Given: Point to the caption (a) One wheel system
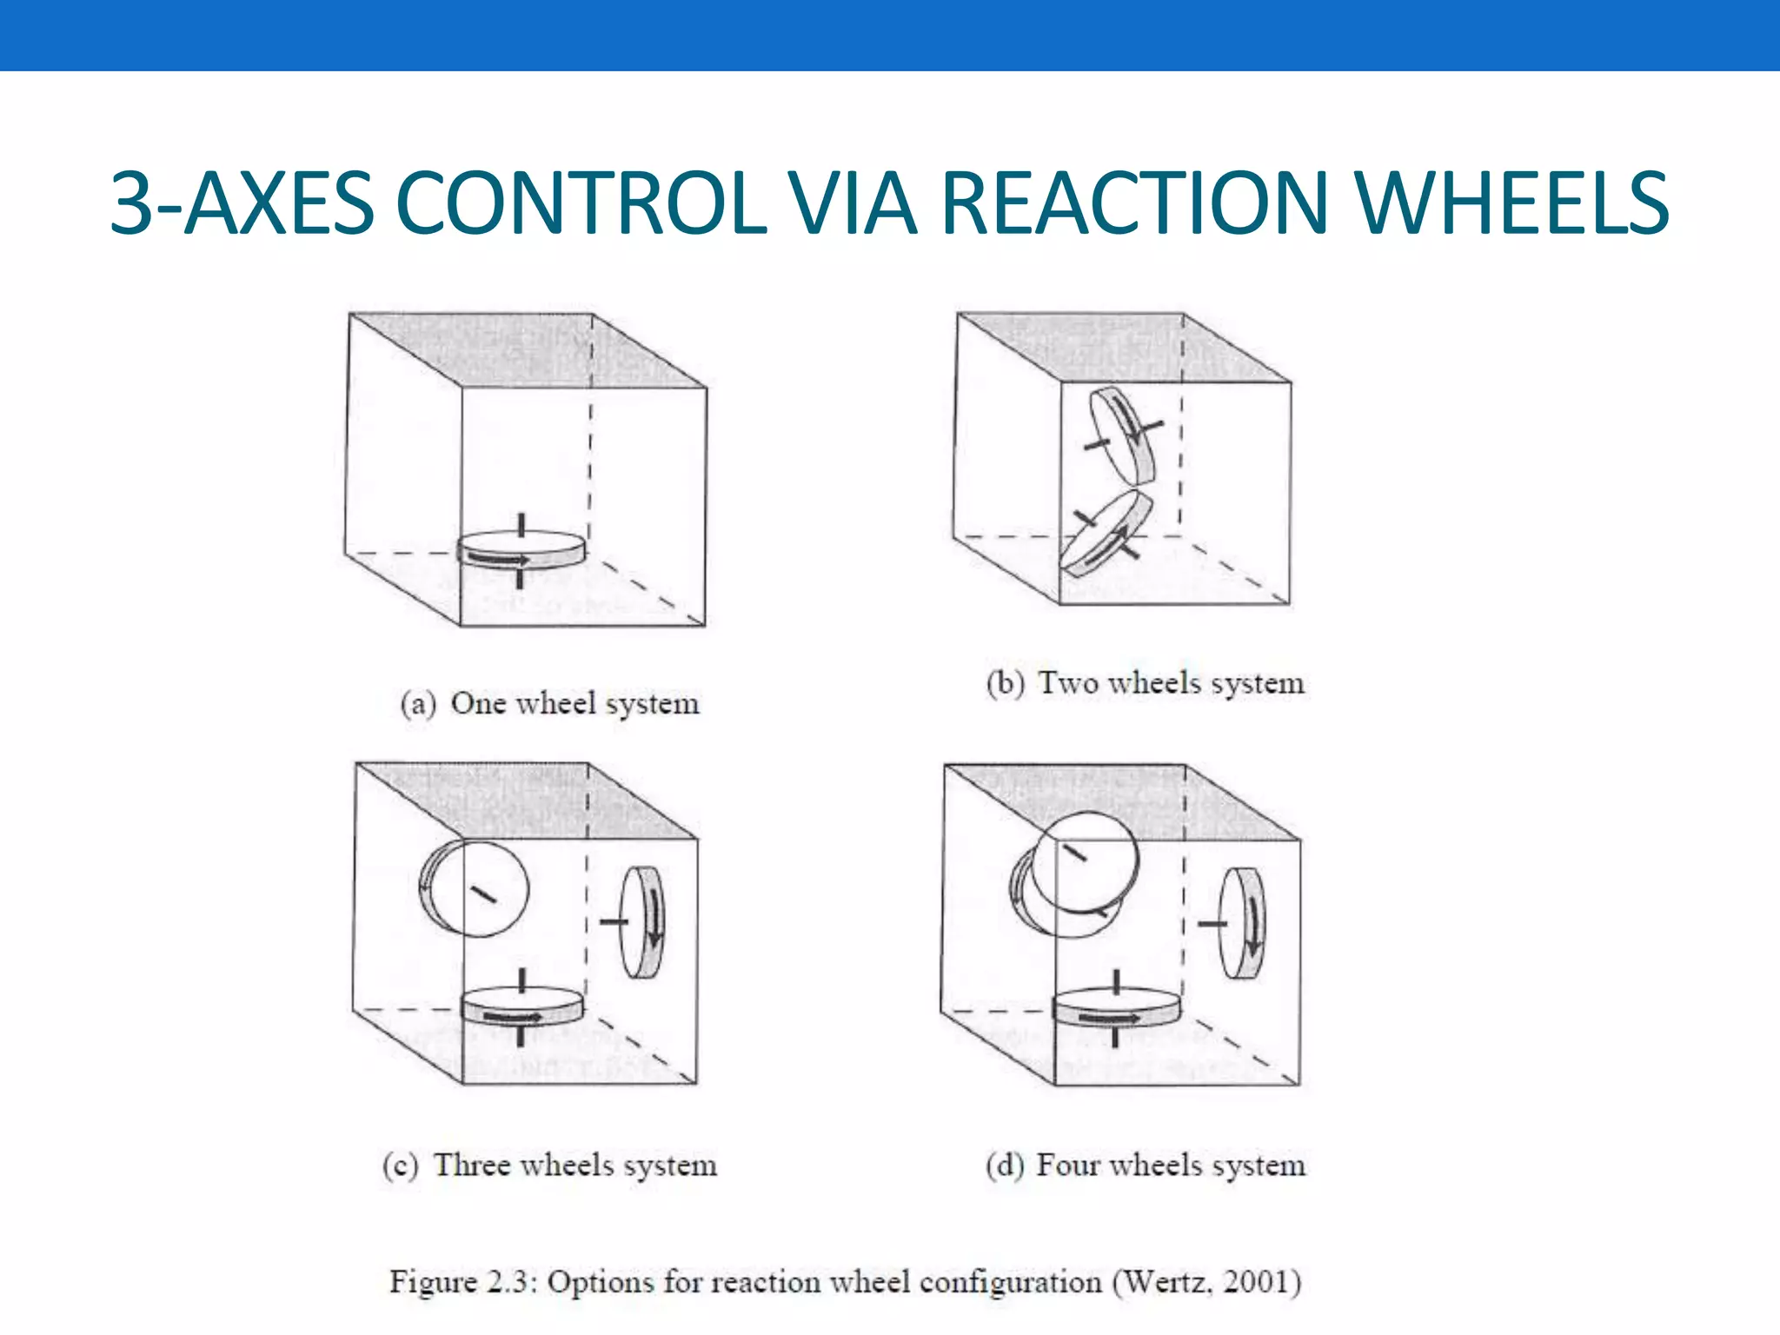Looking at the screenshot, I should click(549, 703).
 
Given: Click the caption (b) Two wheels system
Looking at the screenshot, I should click(1145, 683).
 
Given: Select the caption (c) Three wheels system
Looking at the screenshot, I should click(549, 1165).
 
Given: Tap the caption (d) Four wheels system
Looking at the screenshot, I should click(1145, 1165).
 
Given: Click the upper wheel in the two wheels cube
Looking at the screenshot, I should click(1122, 435).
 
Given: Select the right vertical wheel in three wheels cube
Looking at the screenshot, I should click(644, 922).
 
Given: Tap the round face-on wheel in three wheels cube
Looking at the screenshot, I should click(475, 889).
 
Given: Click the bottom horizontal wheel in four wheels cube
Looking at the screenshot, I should click(1117, 1008).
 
